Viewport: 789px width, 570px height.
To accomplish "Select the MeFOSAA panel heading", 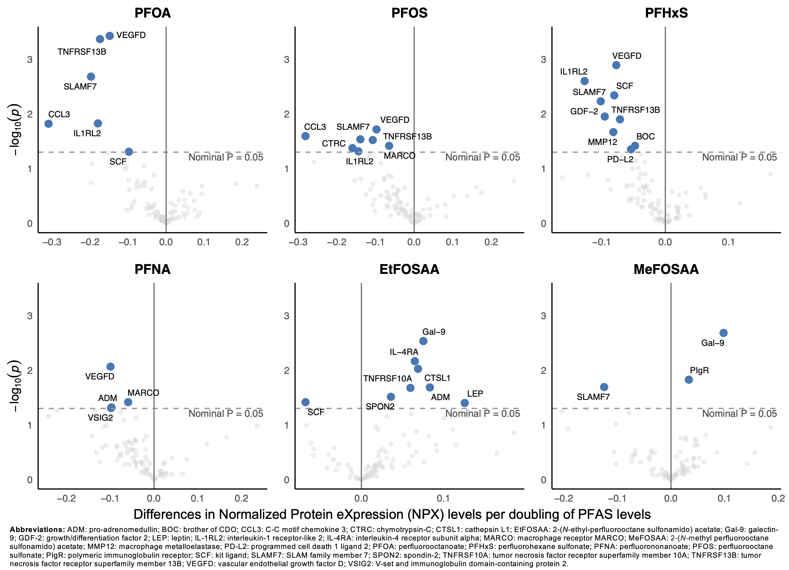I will click(x=666, y=269).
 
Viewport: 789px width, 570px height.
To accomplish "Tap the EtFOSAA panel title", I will click(x=409, y=269).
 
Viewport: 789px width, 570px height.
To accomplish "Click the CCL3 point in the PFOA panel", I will click(x=49, y=124).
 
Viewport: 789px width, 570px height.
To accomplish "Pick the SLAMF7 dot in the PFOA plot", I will click(x=91, y=77).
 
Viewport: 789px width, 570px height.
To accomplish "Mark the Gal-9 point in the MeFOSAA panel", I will click(x=723, y=333).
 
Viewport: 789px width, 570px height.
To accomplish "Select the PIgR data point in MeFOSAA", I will click(x=688, y=380).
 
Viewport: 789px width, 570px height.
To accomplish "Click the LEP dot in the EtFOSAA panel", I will click(x=464, y=403).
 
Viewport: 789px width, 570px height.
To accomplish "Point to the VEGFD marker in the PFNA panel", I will click(x=110, y=367).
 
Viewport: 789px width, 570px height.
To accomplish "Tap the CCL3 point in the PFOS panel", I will click(x=305, y=136).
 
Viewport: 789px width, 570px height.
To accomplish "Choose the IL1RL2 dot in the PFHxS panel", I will click(x=584, y=81).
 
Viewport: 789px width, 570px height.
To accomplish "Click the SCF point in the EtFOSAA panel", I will click(x=305, y=402).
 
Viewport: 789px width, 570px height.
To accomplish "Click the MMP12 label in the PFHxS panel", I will click(x=602, y=142).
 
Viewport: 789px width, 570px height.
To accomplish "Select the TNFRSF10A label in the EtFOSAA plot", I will click(x=387, y=379).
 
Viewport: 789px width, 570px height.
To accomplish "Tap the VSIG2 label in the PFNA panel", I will click(x=100, y=418).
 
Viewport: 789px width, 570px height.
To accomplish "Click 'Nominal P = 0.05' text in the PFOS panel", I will click(x=482, y=157).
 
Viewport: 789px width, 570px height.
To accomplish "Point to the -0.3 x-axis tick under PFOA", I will click(x=52, y=242).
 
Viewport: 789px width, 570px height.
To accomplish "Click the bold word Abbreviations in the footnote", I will click(x=37, y=530).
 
